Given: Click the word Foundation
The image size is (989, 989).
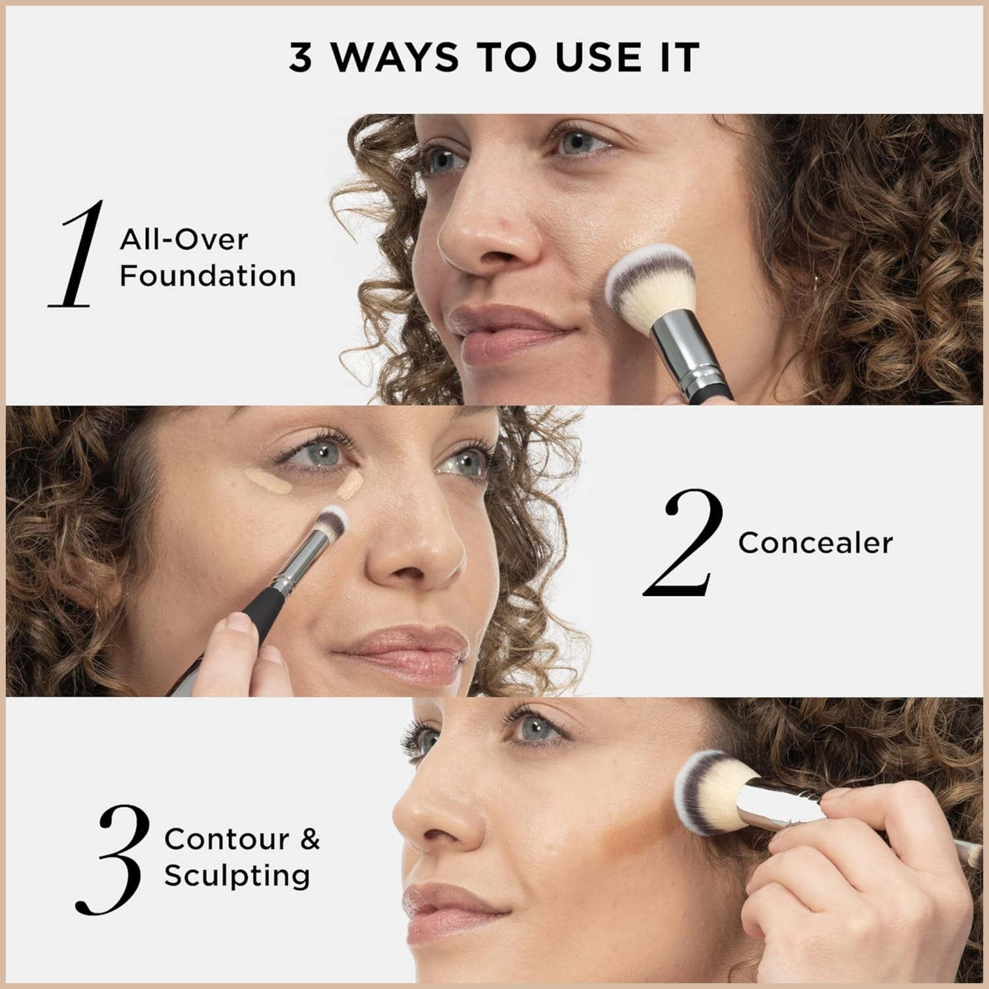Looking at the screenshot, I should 208,276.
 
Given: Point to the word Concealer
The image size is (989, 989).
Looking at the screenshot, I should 815,543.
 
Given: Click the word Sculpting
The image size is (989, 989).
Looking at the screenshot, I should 237,876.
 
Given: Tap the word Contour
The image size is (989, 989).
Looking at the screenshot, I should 226,839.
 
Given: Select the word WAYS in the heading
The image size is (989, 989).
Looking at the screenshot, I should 394,57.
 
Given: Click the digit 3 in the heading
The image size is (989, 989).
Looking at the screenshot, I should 301,57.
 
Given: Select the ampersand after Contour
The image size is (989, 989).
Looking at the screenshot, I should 310,839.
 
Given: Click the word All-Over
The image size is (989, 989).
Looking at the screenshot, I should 183,239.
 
